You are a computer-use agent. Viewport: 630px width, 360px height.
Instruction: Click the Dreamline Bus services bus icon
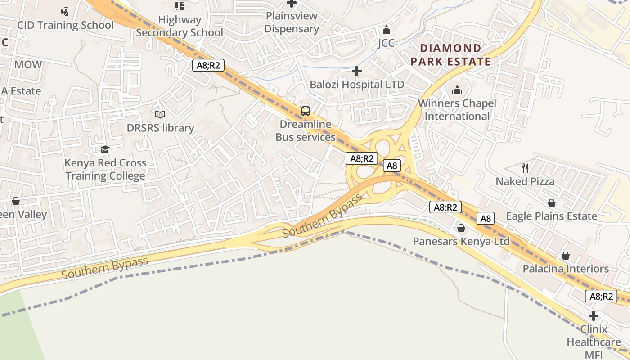(306, 111)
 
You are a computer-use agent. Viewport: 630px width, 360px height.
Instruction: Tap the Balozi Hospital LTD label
(357, 84)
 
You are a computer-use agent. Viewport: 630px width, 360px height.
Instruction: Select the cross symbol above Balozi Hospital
(357, 71)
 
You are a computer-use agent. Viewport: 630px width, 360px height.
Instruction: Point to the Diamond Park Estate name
(450, 55)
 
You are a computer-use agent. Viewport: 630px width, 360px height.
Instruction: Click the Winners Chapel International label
(457, 110)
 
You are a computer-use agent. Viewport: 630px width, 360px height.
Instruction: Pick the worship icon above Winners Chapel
(457, 90)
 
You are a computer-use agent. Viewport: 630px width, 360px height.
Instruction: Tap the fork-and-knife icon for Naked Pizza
(525, 168)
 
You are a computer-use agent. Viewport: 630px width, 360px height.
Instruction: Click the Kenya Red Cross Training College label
(105, 169)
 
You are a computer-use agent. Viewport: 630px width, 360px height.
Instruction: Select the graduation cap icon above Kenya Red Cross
(105, 149)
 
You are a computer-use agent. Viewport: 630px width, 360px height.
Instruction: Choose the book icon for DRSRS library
(160, 115)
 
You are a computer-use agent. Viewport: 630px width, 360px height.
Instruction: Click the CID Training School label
(65, 25)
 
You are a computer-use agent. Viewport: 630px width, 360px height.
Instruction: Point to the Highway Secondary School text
(180, 26)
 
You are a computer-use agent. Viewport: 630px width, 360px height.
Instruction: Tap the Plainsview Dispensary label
(292, 22)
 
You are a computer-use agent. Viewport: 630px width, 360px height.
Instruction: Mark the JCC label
(386, 43)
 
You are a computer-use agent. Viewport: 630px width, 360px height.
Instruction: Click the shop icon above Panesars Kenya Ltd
(461, 229)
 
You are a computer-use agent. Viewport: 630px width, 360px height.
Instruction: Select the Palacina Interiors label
(566, 269)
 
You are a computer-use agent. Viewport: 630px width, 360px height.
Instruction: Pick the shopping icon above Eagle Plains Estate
(552, 203)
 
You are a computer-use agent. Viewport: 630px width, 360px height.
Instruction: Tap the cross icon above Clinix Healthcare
(594, 316)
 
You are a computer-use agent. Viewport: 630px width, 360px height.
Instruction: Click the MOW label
(28, 64)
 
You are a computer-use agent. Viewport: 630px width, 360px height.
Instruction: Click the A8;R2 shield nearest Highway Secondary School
(209, 65)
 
